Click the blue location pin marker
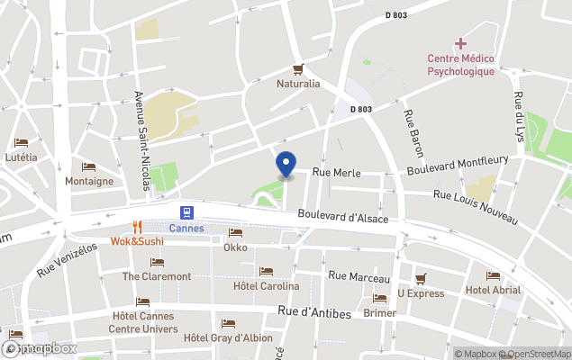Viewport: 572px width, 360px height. point(285,165)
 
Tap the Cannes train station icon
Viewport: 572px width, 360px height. point(186,212)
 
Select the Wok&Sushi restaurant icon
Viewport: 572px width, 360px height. point(138,227)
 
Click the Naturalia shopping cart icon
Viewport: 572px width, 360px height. point(298,69)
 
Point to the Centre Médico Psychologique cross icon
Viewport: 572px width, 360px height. point(460,43)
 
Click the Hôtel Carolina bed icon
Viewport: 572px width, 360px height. point(266,271)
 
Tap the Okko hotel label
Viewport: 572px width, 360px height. point(235,247)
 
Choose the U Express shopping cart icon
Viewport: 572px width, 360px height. point(421,278)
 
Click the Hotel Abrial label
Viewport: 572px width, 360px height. point(493,290)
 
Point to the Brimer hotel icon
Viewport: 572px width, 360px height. point(379,298)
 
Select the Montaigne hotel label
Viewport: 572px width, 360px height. point(89,181)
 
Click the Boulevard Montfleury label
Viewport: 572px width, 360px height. point(457,166)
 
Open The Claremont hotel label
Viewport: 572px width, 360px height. point(157,276)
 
